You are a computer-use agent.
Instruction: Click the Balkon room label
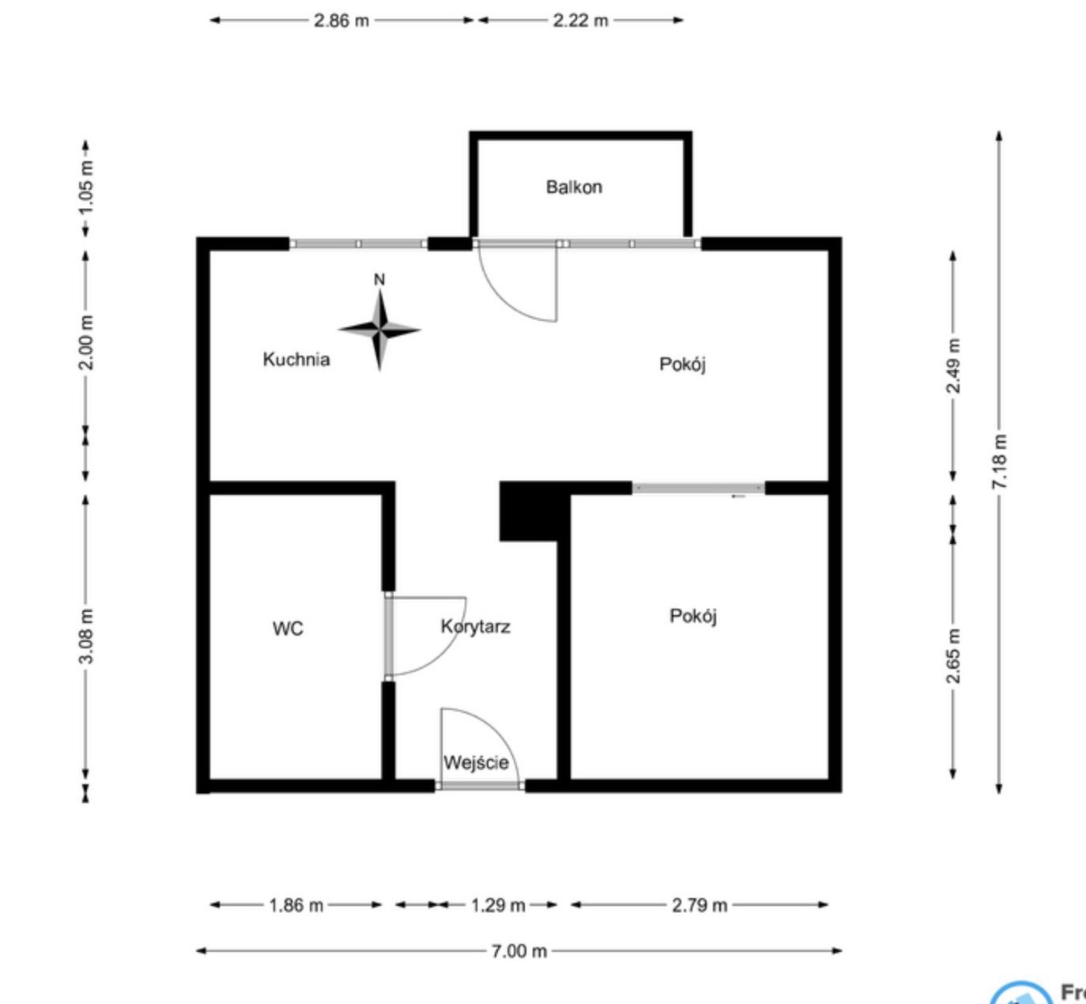[574, 187]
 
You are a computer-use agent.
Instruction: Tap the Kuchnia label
[296, 360]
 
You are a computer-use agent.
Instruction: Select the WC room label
[288, 628]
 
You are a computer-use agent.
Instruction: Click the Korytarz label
[476, 626]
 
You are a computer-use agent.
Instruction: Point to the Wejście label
[476, 763]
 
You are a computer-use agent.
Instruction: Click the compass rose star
[380, 330]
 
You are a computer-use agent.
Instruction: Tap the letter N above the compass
[379, 279]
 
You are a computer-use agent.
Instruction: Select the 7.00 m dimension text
[518, 951]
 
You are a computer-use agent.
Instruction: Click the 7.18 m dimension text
[1000, 461]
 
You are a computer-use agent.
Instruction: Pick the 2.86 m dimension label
[341, 21]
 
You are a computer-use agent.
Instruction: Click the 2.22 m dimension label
[581, 21]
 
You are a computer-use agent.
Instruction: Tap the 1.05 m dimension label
[87, 187]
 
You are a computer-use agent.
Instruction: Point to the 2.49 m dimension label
[953, 365]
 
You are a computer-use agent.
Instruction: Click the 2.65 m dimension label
[953, 656]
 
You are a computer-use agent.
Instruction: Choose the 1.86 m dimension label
[296, 905]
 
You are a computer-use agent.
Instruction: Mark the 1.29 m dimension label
[498, 905]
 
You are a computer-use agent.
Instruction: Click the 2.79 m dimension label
[699, 905]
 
